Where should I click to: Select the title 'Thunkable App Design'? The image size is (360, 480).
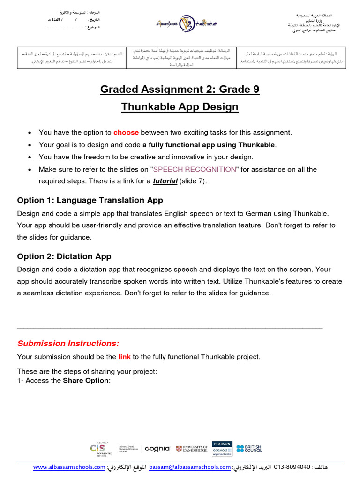180,107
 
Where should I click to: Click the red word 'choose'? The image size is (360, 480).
126,133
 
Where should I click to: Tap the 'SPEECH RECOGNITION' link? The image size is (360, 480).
195,169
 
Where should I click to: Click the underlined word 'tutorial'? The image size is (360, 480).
165,181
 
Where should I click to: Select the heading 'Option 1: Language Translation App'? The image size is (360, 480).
90,201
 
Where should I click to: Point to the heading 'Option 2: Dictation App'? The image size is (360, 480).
64,256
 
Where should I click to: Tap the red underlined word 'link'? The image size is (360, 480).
124,357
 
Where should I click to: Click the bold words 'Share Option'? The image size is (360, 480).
86,381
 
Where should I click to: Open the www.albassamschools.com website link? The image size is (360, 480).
69,467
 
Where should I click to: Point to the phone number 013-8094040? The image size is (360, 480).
292,467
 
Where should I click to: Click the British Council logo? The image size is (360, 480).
249,449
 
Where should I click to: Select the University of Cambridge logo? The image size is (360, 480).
192,449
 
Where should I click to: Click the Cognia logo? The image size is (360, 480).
157,449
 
